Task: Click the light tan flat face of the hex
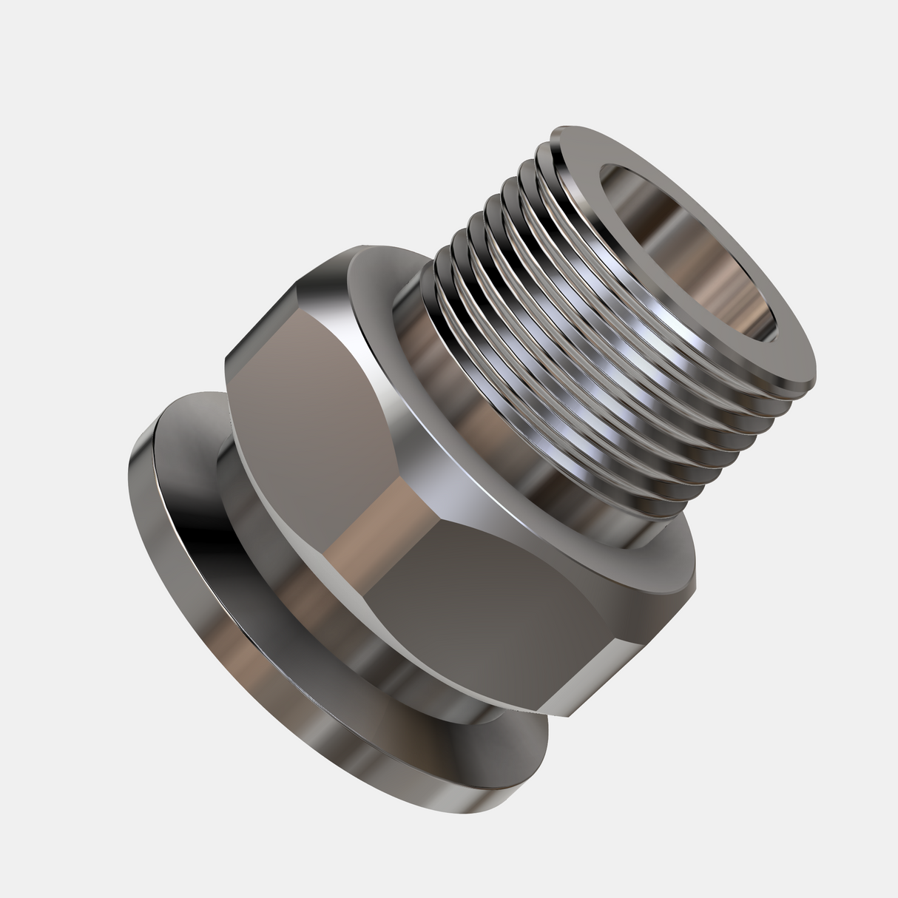[311, 414]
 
